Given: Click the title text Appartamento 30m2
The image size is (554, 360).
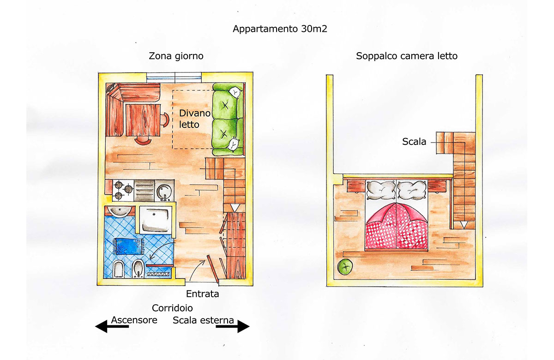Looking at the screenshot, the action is point(280,29).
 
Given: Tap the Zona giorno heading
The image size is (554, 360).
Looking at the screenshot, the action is point(176,56).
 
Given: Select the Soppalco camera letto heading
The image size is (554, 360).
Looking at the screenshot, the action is point(407,56).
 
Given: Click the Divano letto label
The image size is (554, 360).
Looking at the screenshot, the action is point(195,119).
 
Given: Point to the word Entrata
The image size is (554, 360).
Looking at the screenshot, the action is point(202,294).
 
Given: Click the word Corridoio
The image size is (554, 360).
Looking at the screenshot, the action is point(172,308).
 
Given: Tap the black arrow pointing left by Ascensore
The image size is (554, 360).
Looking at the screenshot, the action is point(112,326).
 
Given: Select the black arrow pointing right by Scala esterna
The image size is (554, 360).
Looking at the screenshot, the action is point(233,326).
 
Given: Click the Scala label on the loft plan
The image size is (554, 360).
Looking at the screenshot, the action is point(414,142).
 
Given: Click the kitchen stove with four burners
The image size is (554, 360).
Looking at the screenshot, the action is point(123,190).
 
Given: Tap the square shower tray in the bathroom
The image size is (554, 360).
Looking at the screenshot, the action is point(156,220).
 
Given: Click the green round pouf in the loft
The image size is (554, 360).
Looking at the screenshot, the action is point(345,266).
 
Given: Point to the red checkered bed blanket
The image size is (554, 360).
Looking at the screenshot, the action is point(397,226).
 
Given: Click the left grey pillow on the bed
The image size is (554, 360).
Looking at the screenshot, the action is point(381,190).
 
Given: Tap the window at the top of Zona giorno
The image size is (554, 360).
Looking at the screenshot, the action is point(174,77).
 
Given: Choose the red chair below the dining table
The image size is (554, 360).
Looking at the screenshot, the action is point(143,141).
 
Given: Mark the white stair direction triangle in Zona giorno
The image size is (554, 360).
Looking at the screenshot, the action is point(234,208).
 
